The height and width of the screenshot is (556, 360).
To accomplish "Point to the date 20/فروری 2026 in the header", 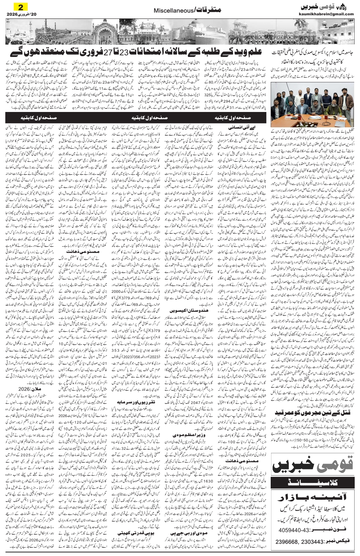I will tap(20, 14).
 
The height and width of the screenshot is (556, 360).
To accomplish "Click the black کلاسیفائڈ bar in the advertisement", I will tap(313, 479).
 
